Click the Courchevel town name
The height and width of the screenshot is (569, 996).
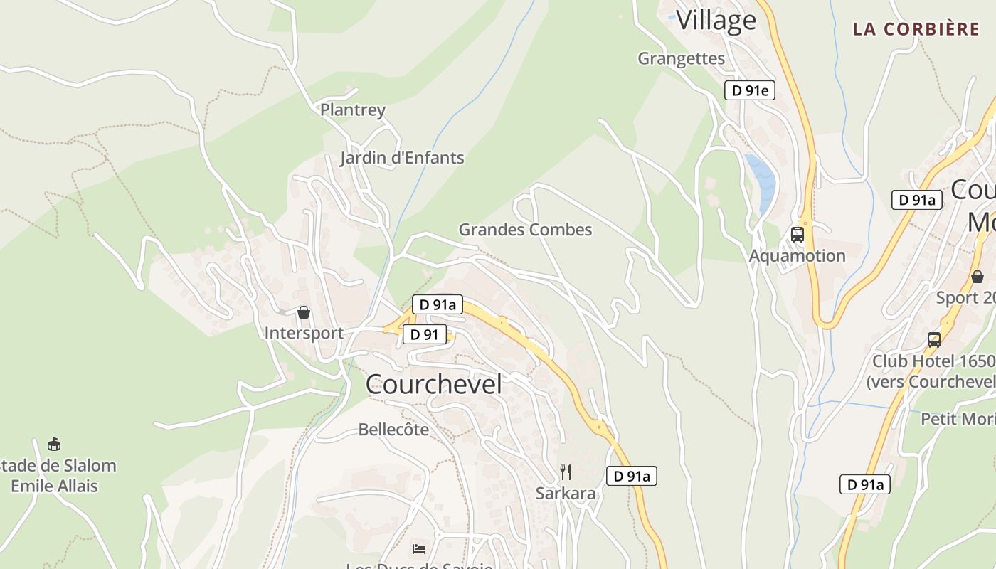tap(433, 384)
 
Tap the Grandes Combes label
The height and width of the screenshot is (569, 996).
tap(525, 230)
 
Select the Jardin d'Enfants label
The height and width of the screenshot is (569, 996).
tap(402, 158)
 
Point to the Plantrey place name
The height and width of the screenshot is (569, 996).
tap(353, 110)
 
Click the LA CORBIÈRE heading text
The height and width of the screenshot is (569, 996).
tap(916, 29)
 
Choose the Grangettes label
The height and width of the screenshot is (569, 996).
tap(681, 58)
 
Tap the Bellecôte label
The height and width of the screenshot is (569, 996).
tap(393, 430)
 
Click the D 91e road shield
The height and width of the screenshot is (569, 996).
tap(749, 90)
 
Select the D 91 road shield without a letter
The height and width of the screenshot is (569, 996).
tap(424, 334)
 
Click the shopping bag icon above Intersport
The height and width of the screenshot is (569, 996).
tap(304, 312)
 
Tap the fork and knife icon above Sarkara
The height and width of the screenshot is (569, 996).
tap(565, 472)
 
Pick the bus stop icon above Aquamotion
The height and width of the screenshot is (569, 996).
tap(797, 235)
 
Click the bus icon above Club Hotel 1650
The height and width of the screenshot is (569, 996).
tap(933, 340)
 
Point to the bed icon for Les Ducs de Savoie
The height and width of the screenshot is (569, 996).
tap(419, 548)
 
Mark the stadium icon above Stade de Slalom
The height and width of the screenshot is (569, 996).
tap(53, 445)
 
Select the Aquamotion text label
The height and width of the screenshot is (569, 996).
tap(798, 256)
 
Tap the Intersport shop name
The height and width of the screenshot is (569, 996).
tap(304, 333)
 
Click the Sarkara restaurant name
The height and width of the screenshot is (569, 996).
tap(566, 494)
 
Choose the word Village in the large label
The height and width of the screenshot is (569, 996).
tap(716, 20)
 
